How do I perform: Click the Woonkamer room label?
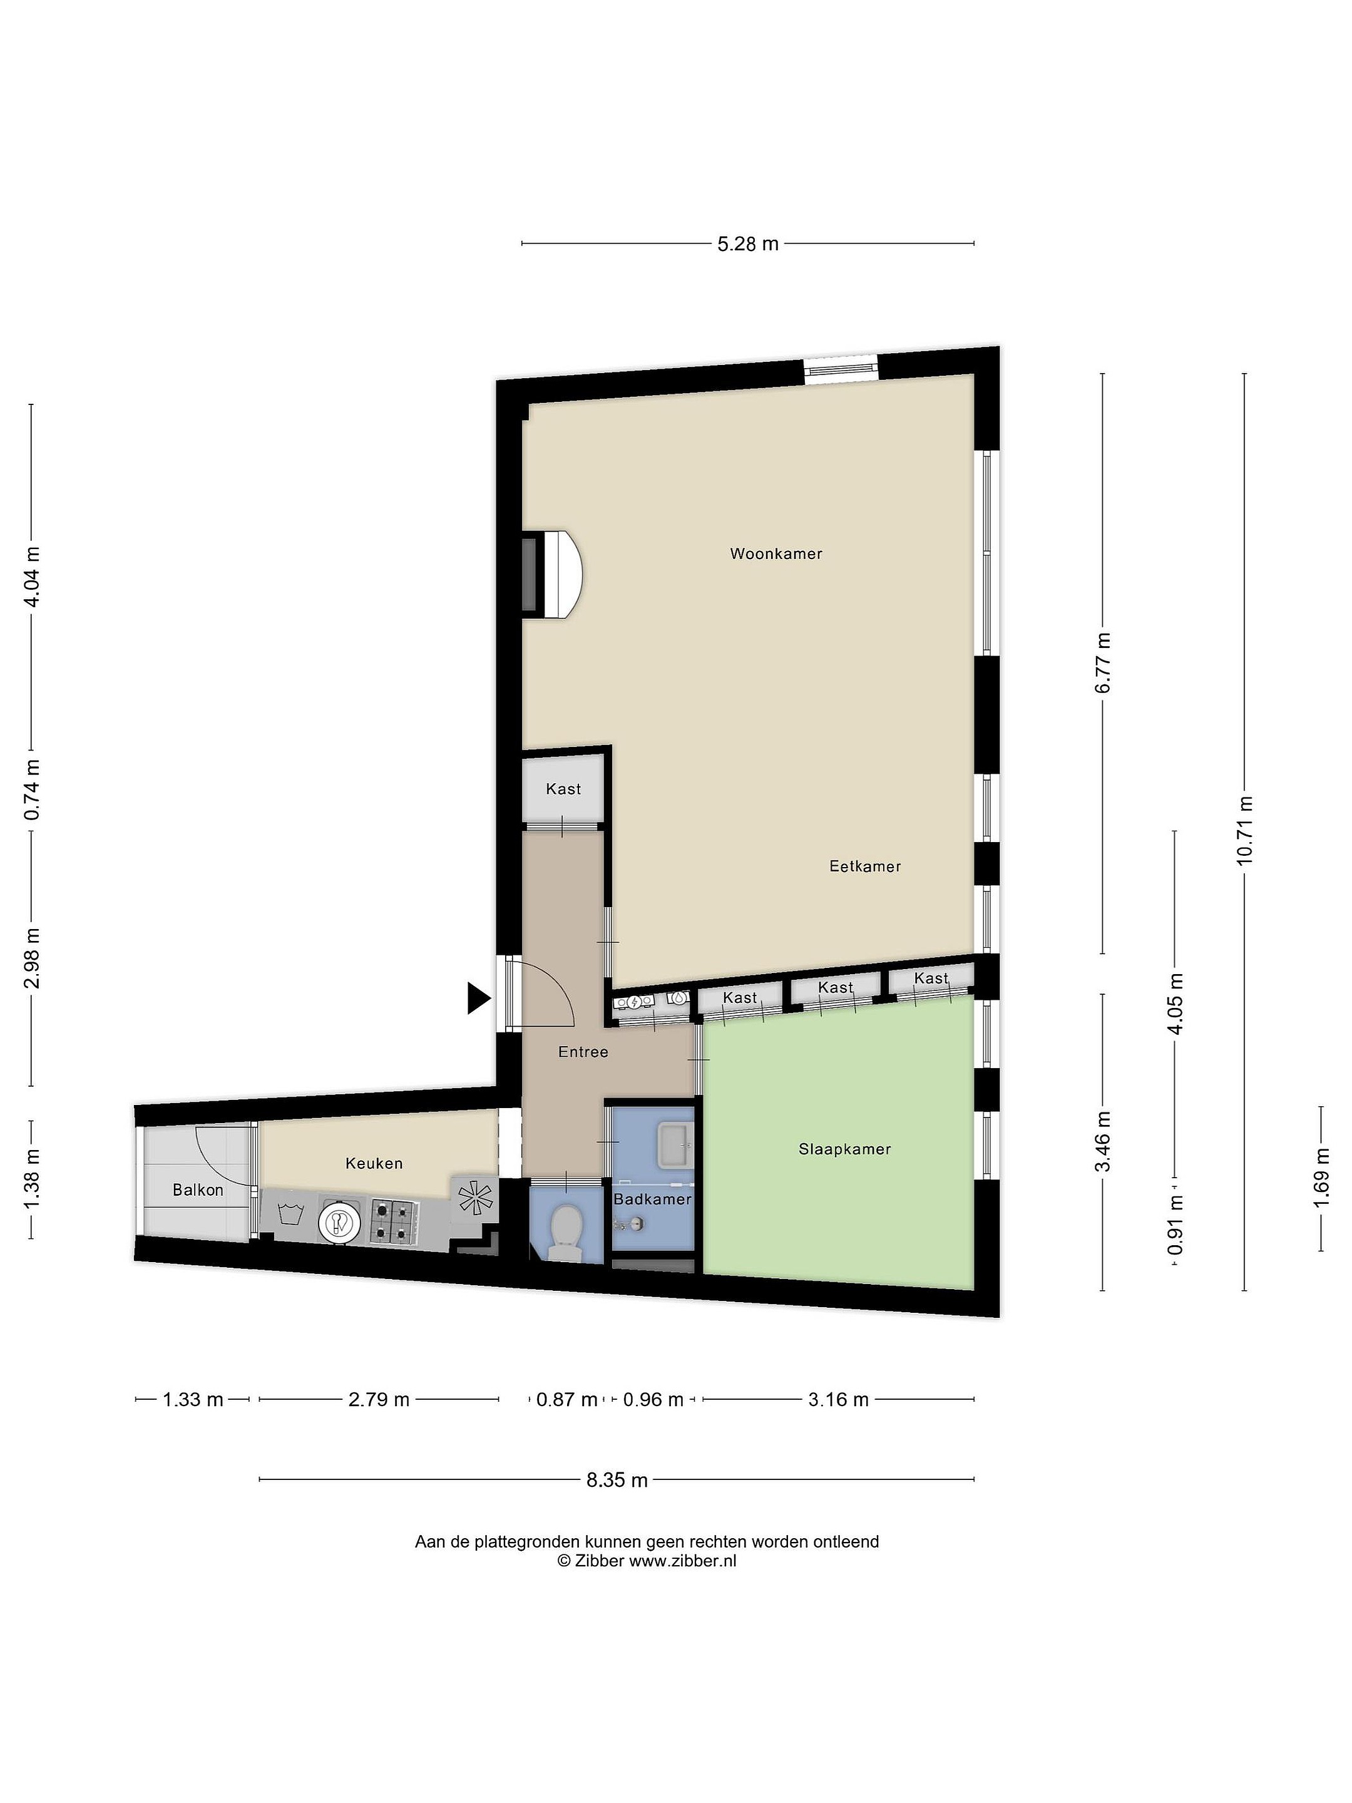[x=775, y=554]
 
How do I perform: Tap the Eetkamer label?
[x=864, y=866]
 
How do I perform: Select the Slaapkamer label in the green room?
[x=844, y=1149]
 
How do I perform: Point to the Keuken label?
[x=374, y=1163]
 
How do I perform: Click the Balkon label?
[x=197, y=1190]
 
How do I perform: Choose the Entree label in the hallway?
[x=583, y=1052]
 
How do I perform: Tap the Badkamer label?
[x=652, y=1199]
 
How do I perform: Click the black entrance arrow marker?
[x=478, y=999]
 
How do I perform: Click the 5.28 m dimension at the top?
[x=747, y=244]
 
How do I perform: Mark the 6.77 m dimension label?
[x=1103, y=664]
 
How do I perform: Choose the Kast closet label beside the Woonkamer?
[x=563, y=789]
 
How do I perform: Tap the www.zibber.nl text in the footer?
[x=682, y=1561]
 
